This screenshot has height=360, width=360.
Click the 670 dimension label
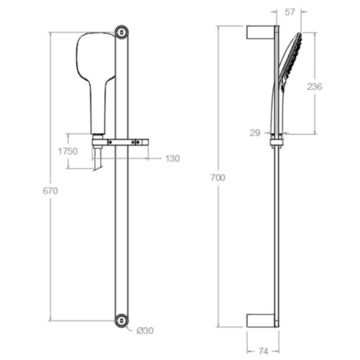click(50, 191)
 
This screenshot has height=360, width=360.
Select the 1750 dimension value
click(67, 151)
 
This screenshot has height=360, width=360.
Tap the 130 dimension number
click(172, 158)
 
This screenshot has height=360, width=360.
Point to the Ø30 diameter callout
click(145, 331)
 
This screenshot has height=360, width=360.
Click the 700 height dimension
click(218, 177)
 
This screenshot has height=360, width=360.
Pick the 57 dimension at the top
click(289, 12)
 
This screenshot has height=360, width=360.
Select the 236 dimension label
click(314, 87)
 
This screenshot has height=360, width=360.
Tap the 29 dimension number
click(255, 133)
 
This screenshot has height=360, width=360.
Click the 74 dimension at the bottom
click(263, 351)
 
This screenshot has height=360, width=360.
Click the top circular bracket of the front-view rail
click(121, 32)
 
